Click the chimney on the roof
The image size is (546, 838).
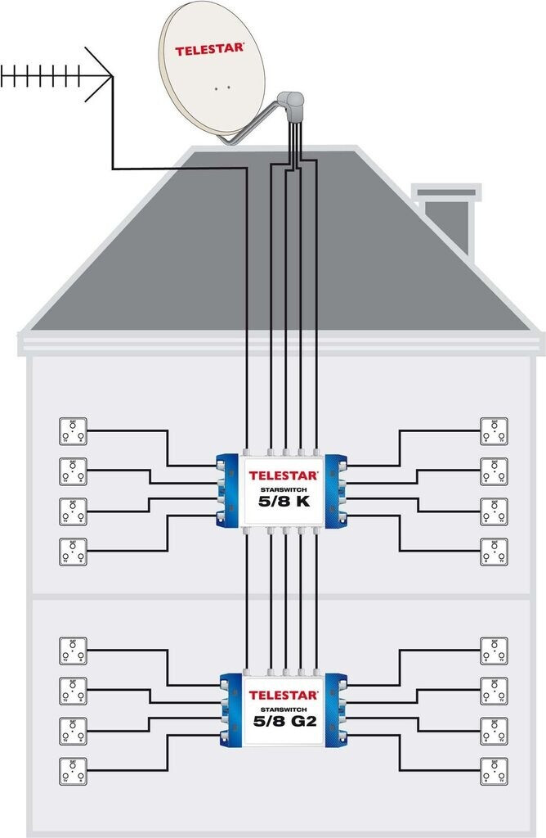pos(445,216)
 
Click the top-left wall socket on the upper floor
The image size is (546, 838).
pos(74,431)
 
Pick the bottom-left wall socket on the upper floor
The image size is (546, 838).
pos(74,552)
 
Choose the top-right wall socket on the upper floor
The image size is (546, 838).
pos(494,431)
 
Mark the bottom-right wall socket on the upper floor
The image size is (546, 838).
pos(494,552)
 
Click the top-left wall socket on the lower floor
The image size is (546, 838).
pos(74,649)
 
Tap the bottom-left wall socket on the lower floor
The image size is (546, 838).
pos(74,769)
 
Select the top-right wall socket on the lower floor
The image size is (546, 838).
pos(494,649)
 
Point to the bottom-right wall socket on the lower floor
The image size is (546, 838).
pos(494,769)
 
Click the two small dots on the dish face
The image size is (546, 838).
pos(222,87)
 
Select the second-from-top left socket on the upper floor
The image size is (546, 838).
pos(74,471)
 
